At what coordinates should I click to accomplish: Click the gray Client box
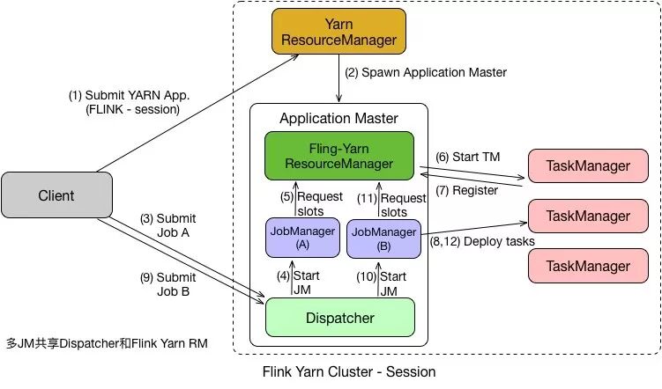click(56, 194)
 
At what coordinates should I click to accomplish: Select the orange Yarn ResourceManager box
click(338, 32)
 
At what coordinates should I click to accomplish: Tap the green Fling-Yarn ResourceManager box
click(339, 156)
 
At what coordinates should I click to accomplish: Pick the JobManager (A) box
click(302, 238)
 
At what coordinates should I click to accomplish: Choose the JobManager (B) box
click(383, 239)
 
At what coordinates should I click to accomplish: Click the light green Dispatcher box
click(340, 318)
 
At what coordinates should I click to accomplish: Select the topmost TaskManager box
click(588, 165)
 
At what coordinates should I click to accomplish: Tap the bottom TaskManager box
click(588, 266)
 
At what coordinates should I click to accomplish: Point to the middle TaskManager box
click(588, 216)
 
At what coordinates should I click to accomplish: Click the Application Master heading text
click(338, 119)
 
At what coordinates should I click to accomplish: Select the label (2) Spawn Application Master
click(426, 72)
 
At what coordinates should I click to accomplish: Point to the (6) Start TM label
click(468, 157)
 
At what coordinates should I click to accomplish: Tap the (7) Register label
click(466, 190)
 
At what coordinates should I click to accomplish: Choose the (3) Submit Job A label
click(168, 225)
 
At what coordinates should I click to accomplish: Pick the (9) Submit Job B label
click(168, 284)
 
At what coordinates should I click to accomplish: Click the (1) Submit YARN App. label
click(130, 102)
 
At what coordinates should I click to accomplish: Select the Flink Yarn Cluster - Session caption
click(349, 371)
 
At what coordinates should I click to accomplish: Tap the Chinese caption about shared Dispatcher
click(107, 343)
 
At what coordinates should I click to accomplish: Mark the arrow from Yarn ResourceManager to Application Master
click(338, 78)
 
